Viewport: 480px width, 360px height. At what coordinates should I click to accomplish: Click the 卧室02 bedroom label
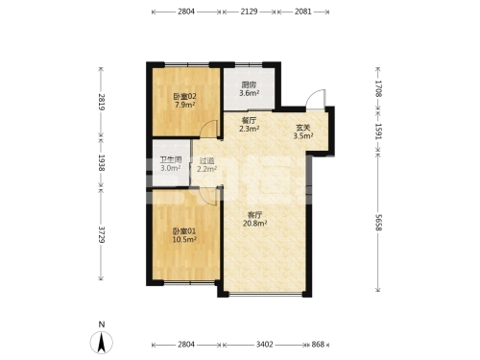pos(185,96)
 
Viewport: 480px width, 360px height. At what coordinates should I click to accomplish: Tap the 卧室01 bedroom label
pos(184,231)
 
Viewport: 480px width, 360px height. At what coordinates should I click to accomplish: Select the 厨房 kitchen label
pos(249,85)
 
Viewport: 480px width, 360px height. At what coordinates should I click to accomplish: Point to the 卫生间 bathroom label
pos(171,159)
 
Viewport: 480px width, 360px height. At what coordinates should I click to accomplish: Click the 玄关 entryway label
pos(303,128)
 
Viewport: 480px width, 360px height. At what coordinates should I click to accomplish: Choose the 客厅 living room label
pos(255,215)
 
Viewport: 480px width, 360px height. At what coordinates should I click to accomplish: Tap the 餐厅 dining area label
pos(249,121)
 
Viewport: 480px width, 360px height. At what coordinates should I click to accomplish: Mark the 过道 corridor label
pos(206,160)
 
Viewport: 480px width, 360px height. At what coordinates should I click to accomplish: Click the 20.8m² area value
pos(255,223)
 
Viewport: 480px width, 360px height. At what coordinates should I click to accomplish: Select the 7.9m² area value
pos(185,105)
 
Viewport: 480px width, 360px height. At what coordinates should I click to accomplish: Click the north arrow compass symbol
pos(102,343)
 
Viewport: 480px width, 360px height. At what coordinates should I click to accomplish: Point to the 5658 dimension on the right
pos(378,222)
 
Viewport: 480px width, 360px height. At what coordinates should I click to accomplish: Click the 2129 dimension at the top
pos(249,12)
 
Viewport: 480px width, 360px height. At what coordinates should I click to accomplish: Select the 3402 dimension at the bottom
pos(265,345)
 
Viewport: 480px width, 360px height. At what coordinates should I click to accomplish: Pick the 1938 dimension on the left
pos(101,162)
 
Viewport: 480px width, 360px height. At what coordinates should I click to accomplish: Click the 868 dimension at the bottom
pos(318,345)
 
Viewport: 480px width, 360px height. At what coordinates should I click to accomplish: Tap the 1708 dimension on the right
pos(378,88)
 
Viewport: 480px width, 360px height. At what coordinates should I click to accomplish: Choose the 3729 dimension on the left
pos(101,234)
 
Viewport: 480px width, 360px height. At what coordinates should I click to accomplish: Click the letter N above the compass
pos(102,324)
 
